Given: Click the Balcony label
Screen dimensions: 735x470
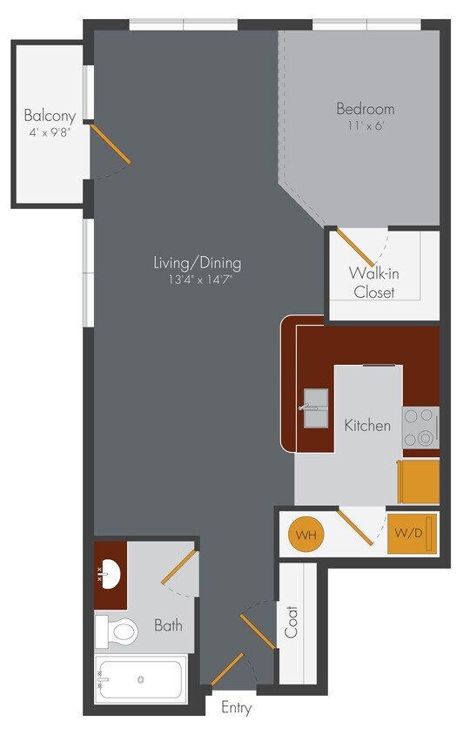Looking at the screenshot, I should (50, 116).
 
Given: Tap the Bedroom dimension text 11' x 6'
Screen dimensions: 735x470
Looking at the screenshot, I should (366, 125).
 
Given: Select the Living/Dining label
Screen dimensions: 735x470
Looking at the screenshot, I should (197, 262).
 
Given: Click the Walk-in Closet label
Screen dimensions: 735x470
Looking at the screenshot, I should (373, 282).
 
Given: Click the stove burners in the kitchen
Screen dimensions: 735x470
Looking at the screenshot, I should (420, 428).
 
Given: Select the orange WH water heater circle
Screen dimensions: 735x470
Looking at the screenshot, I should (305, 534).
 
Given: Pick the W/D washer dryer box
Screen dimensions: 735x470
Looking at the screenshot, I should (409, 533).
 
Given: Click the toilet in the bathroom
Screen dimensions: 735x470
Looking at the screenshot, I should (118, 629).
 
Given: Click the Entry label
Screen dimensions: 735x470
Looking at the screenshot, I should (236, 708).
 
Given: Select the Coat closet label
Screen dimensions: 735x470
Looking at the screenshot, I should (292, 622).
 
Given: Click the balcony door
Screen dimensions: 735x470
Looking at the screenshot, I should (111, 145).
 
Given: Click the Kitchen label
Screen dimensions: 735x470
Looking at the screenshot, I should (367, 426).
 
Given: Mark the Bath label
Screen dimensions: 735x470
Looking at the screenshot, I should (168, 624).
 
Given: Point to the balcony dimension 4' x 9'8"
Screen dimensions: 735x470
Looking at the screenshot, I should (50, 133).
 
